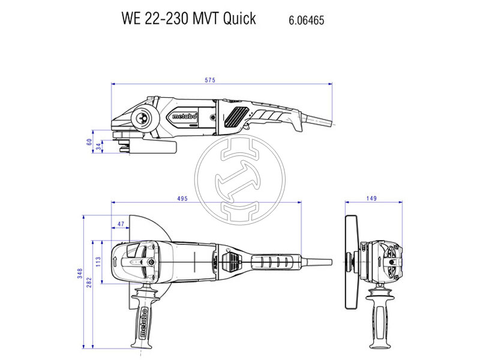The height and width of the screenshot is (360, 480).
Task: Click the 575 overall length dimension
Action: click(x=209, y=80)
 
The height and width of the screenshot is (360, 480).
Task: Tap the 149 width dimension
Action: click(x=371, y=199)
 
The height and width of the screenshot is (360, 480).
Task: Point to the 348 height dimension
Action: click(x=80, y=273)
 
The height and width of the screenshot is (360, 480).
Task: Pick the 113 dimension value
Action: click(x=99, y=261)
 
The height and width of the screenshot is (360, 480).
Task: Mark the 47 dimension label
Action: click(x=121, y=224)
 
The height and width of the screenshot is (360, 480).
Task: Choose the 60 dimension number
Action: click(x=89, y=142)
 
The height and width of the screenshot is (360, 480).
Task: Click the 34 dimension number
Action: click(x=99, y=147)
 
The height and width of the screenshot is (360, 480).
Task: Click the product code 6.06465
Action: click(x=307, y=20)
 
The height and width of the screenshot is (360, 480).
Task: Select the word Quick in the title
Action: click(x=239, y=19)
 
